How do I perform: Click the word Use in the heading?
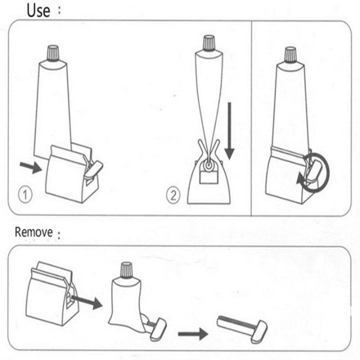pos(38,9)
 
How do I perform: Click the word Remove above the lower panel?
pos(33,232)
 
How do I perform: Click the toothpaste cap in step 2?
pos(209,43)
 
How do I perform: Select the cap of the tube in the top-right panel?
pos(290,54)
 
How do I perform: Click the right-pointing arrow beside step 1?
pos(30,167)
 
